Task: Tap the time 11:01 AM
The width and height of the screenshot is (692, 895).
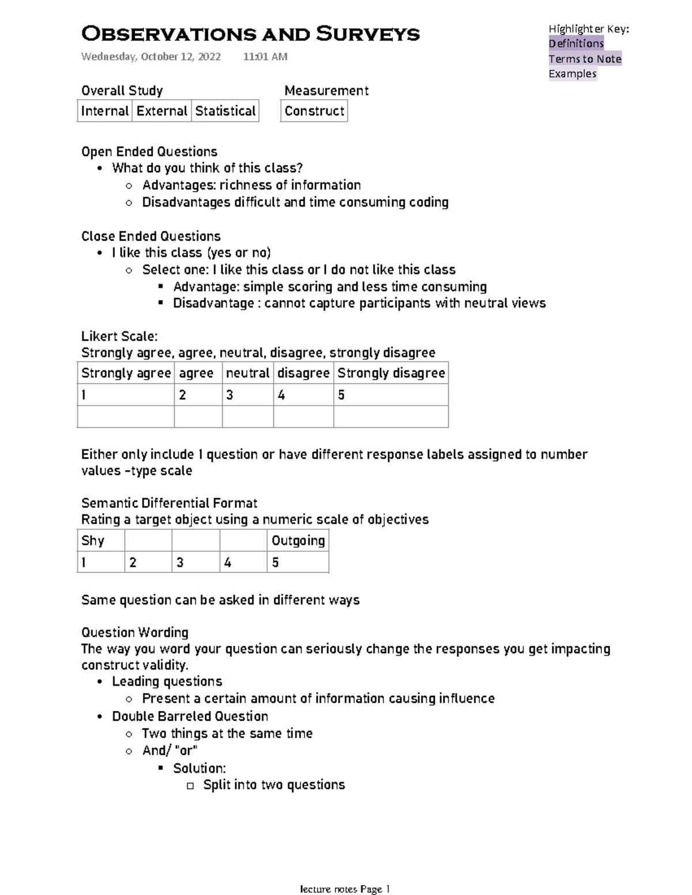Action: (x=265, y=57)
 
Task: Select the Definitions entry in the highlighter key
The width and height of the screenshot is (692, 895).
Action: (x=576, y=43)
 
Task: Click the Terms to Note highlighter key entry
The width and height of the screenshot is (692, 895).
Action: (x=585, y=58)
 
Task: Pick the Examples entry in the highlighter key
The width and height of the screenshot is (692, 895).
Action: (x=572, y=73)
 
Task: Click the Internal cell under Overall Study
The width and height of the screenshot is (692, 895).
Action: (x=105, y=111)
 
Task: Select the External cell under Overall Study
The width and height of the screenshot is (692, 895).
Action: (x=162, y=111)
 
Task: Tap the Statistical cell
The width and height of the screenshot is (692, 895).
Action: (x=225, y=111)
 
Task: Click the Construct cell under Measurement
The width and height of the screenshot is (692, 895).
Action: (x=314, y=111)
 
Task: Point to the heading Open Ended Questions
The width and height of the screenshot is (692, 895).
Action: (x=149, y=152)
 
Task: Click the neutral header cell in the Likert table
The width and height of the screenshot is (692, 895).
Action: (x=247, y=373)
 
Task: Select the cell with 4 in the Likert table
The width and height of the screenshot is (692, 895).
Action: (x=303, y=395)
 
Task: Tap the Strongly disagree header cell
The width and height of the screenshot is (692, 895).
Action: (x=391, y=373)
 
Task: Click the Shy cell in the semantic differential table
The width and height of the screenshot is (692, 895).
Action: (x=100, y=541)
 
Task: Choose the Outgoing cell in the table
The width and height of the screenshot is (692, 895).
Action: (x=298, y=541)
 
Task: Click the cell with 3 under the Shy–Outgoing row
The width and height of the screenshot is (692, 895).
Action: (x=195, y=563)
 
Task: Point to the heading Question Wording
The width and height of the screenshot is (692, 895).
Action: (x=135, y=632)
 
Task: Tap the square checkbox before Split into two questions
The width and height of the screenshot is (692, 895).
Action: (x=190, y=786)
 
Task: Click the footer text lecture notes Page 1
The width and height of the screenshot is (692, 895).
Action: (x=345, y=889)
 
